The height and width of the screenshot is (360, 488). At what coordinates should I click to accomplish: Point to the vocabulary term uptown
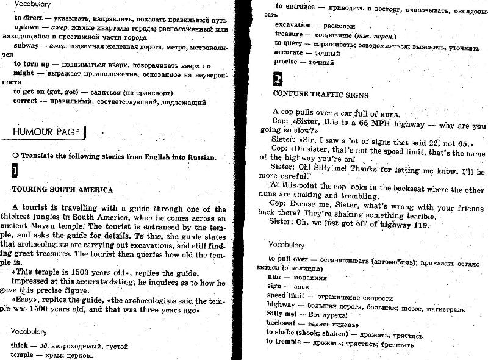coord(27,28)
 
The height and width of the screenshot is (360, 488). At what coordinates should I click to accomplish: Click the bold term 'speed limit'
coord(285,295)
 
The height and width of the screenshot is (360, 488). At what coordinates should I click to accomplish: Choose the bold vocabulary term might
coord(23,73)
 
